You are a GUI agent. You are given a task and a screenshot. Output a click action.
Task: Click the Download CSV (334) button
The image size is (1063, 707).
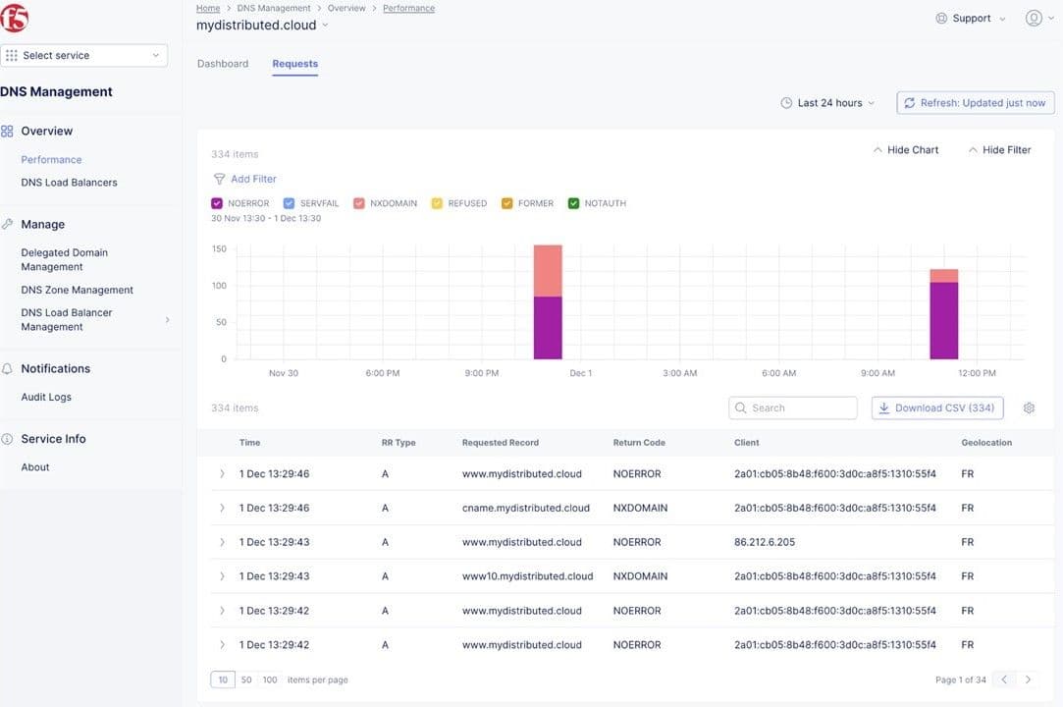936,408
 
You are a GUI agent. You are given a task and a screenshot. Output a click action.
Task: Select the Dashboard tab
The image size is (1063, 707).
223,64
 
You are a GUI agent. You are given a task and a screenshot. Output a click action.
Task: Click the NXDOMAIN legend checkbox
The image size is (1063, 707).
359,203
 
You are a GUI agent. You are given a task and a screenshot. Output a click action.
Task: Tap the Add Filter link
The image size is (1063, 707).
253,179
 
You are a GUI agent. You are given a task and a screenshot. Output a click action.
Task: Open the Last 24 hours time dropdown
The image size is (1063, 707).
828,103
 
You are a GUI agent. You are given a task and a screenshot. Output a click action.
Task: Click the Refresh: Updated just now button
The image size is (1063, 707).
974,103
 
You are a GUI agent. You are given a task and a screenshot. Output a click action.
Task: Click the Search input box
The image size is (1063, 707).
793,408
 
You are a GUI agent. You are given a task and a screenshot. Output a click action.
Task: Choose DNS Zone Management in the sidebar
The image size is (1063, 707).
77,290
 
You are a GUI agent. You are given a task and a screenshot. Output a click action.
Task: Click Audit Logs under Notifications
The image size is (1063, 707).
46,397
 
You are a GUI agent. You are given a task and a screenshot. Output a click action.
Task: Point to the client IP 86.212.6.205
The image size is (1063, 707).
765,542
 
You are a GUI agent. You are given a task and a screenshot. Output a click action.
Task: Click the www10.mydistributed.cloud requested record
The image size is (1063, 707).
527,576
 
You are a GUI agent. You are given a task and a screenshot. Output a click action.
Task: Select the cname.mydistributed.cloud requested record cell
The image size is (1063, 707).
525,508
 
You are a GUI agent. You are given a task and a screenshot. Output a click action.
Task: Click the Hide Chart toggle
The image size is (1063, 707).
905,150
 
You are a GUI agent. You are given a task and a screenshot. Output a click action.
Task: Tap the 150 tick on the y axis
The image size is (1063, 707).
219,249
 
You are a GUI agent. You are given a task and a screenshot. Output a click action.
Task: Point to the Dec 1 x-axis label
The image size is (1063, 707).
580,373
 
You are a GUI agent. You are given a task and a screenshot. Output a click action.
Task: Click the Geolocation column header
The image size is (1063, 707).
986,443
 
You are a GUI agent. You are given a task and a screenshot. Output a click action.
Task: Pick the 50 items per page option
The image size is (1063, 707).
246,680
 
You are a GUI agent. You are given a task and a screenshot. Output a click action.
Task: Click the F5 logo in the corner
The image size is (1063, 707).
16,18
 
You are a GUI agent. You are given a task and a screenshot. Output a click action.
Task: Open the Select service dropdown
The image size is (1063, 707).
84,56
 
